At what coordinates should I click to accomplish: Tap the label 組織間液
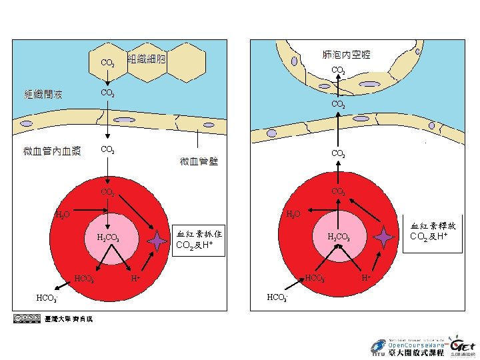tap(44, 93)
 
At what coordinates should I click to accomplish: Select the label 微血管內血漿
tap(52, 151)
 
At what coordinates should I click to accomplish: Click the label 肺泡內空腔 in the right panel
tap(346, 53)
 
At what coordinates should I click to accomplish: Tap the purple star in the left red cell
tap(156, 241)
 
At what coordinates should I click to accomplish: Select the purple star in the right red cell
tap(383, 235)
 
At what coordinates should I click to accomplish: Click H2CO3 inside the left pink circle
tap(108, 237)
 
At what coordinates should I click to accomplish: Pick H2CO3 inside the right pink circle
tap(338, 237)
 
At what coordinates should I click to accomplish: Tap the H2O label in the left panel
tap(62, 215)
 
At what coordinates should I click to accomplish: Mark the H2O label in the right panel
tap(293, 214)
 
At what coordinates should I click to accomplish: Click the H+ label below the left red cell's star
tap(135, 277)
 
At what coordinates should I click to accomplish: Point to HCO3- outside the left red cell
tap(47, 297)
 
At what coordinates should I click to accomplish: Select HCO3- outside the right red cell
tap(276, 297)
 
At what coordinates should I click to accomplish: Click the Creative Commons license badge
tap(26, 319)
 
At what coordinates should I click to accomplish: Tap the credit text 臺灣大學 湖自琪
tap(69, 319)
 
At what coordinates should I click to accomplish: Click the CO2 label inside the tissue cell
tap(107, 63)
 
